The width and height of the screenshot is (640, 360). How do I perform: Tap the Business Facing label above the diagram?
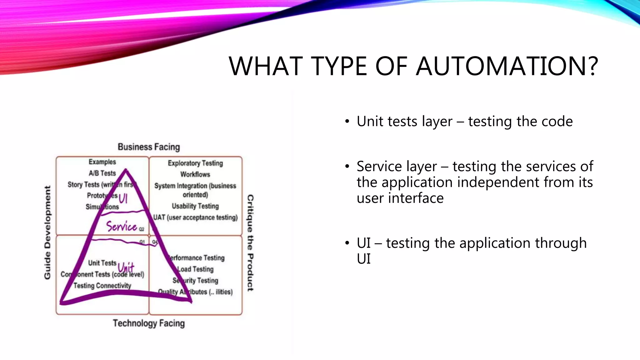[149, 147]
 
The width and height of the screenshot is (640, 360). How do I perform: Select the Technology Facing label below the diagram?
[149, 323]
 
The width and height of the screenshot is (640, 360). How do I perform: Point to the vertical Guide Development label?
[47, 232]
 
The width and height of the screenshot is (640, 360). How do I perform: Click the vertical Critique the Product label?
[250, 243]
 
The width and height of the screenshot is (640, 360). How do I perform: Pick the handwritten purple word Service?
[122, 226]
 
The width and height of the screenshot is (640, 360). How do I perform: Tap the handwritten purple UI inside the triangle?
[123, 198]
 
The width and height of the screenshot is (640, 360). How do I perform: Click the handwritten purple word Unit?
[126, 267]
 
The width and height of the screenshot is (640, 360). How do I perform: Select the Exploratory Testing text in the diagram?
[195, 163]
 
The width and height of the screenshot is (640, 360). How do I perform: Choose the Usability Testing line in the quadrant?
[195, 206]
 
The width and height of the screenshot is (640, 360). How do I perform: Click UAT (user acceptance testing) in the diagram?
[195, 217]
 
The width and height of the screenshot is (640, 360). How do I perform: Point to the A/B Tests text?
[102, 173]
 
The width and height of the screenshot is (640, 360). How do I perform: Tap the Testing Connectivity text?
[102, 286]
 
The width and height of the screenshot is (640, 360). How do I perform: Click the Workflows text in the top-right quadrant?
[195, 174]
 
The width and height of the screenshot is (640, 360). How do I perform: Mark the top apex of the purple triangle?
[126, 170]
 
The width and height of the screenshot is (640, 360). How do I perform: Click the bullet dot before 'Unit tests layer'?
[347, 122]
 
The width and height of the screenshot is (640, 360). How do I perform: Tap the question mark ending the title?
[591, 66]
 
